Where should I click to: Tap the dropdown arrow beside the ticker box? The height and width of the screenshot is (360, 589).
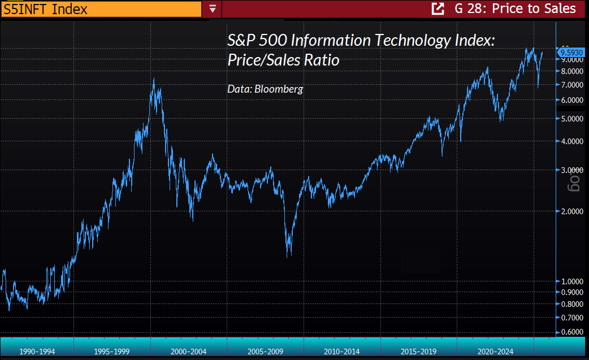pos(213,8)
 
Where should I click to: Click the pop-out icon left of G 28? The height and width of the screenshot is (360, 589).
pos(438,8)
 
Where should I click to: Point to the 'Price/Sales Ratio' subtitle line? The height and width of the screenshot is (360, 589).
pos(283,60)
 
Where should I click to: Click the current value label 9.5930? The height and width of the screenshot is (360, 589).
pos(571,53)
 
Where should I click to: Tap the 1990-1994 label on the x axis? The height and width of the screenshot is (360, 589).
pos(37,352)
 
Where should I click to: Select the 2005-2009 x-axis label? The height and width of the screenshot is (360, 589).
pos(265,352)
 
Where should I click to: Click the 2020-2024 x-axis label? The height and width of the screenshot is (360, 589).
pos(496,352)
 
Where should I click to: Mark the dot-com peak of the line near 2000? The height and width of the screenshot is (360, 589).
pos(154,79)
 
